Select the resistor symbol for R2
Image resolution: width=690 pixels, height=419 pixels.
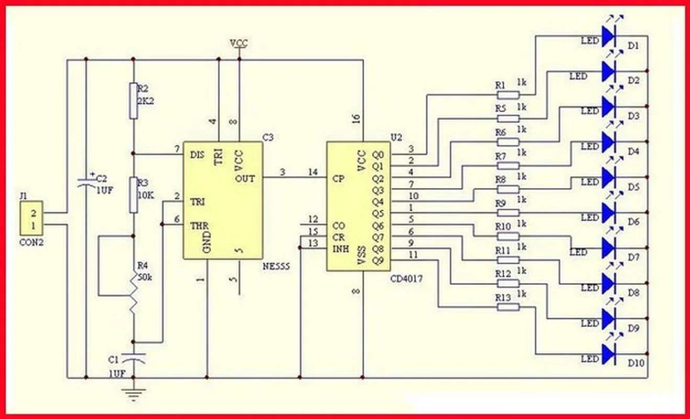(134, 100)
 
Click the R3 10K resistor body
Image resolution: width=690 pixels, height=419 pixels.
(134, 195)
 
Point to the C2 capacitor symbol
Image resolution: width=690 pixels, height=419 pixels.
(86, 181)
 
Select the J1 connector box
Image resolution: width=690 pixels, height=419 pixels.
(31, 219)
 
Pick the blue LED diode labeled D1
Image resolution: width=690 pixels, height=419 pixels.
(608, 36)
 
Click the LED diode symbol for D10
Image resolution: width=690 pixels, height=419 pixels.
(608, 354)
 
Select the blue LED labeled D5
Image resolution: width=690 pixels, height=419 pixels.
(608, 178)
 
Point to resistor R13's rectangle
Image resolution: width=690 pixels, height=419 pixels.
(508, 307)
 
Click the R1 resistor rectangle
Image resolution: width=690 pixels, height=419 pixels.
(508, 95)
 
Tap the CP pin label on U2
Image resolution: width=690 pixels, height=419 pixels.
(338, 178)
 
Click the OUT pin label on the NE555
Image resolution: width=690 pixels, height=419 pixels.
(245, 178)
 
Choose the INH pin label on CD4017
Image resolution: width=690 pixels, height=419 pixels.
(341, 248)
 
